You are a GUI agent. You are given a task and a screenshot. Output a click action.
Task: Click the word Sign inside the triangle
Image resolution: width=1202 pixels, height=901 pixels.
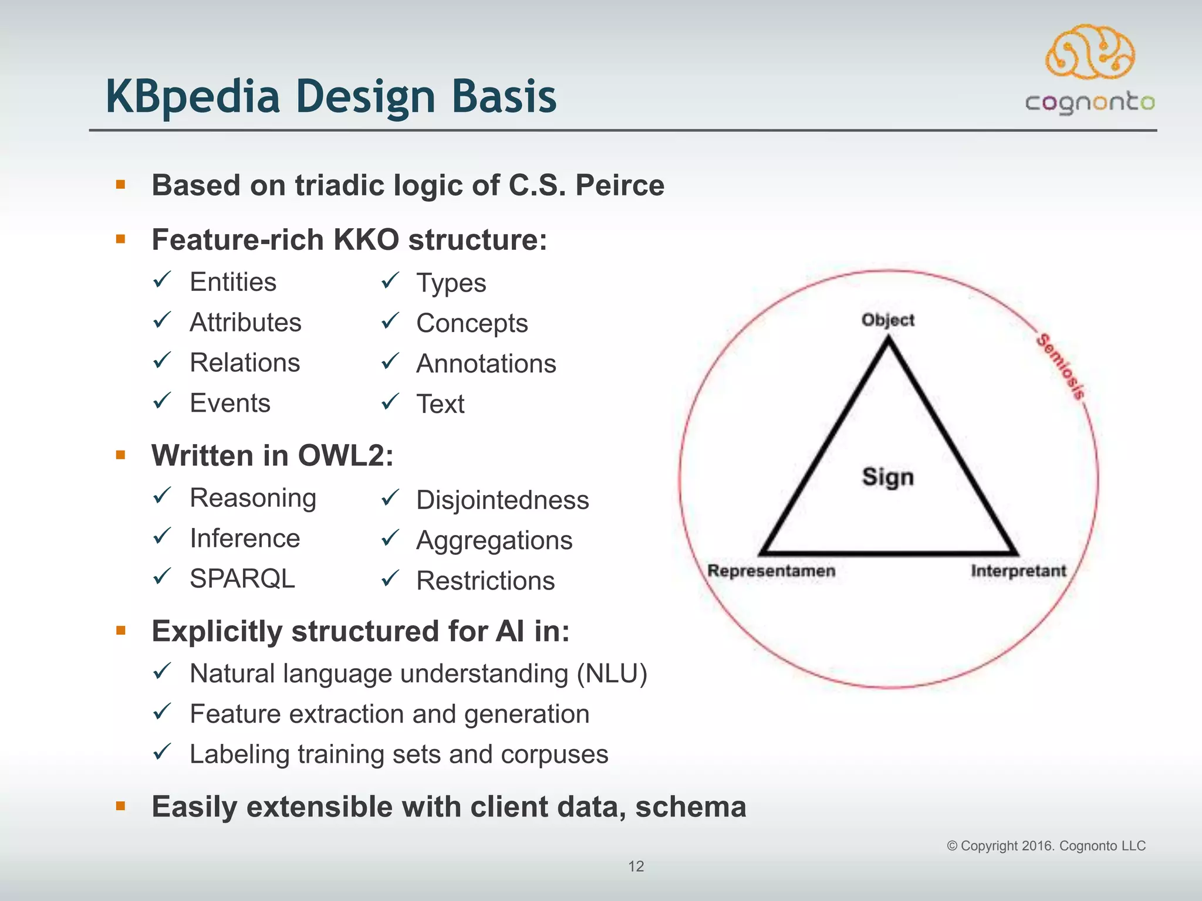point(887,477)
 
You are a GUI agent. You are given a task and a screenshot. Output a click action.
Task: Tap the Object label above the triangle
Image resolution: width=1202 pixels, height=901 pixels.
point(887,320)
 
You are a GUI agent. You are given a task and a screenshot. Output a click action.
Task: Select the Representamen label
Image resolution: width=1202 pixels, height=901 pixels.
point(771,571)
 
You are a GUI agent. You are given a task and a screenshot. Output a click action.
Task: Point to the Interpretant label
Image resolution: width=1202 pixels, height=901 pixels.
point(1018,571)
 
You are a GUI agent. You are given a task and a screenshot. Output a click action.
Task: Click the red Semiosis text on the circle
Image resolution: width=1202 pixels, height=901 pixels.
point(1061,367)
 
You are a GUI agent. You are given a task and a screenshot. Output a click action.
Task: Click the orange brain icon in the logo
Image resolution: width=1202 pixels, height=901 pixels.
point(1090,53)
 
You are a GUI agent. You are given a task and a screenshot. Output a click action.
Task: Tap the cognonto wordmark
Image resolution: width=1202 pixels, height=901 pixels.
point(1090,103)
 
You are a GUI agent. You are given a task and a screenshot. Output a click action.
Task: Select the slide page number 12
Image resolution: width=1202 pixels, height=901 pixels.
point(636,866)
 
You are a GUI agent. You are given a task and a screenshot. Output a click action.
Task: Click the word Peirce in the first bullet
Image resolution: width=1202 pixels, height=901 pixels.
point(620,185)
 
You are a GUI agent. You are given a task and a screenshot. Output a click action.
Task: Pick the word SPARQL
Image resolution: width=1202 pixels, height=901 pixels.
point(242,579)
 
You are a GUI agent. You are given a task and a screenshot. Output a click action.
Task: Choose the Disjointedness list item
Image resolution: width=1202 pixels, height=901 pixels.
point(502,500)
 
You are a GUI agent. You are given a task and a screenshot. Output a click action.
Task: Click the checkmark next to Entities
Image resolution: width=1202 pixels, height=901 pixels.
point(162,280)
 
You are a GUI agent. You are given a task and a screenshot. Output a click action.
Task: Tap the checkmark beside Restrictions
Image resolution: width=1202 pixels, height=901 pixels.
point(390,579)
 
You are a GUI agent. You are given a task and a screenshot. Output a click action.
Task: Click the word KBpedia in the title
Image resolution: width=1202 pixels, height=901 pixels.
point(193,97)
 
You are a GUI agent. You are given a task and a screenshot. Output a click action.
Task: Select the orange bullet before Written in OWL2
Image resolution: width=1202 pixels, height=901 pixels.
point(121,455)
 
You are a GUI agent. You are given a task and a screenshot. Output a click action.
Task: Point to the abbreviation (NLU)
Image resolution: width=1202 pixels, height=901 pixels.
point(612,673)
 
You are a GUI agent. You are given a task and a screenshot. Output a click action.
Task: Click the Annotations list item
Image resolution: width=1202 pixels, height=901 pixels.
point(486,364)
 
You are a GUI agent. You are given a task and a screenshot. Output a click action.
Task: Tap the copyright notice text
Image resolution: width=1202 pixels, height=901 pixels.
point(1046,846)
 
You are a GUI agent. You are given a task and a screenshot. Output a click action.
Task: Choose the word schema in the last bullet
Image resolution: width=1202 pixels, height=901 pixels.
point(690,807)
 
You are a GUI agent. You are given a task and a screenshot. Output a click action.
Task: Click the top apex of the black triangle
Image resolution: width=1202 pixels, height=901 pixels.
point(888,341)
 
